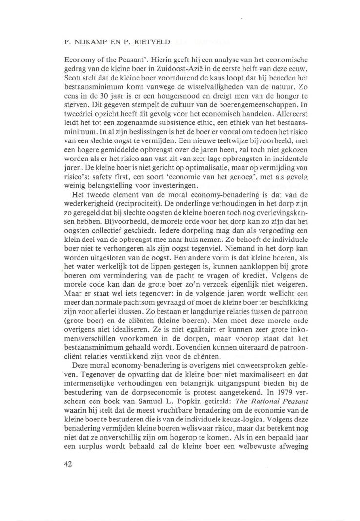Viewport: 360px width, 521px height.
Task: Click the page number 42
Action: click(68, 464)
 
